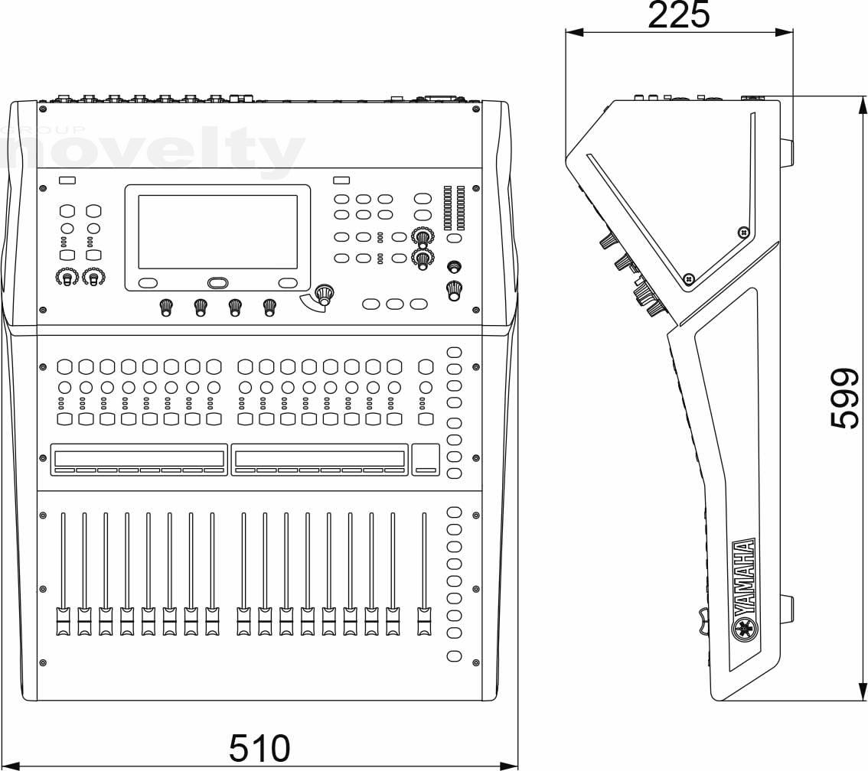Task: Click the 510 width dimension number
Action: [259, 748]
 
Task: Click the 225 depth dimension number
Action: [679, 15]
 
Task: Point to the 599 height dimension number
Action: [845, 399]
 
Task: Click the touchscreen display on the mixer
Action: [217, 232]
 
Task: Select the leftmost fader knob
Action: [63, 621]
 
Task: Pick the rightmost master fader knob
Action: [424, 621]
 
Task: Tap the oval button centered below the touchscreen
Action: [217, 283]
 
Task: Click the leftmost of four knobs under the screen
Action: [165, 307]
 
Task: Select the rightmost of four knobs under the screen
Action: [269, 307]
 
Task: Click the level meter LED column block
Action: [454, 208]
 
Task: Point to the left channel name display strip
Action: [139, 459]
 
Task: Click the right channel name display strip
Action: [319, 459]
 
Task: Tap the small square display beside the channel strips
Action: [426, 459]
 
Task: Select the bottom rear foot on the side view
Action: [787, 610]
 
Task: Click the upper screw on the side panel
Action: [743, 231]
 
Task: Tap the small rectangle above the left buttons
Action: [67, 180]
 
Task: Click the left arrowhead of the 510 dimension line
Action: [10, 766]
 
